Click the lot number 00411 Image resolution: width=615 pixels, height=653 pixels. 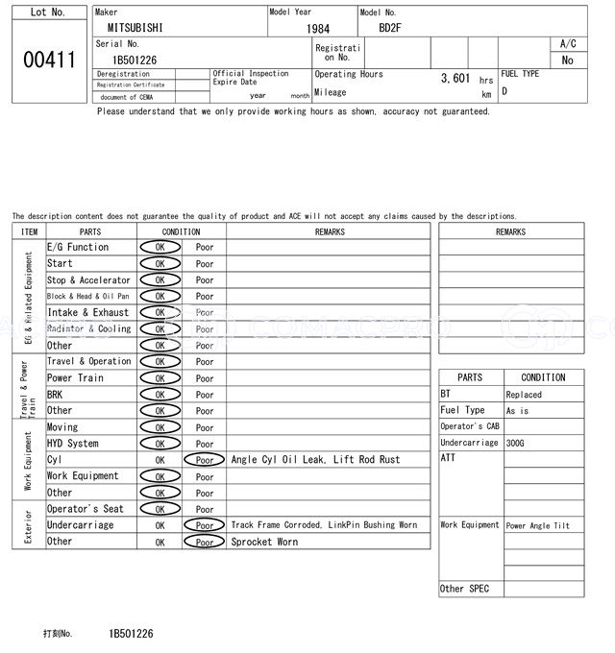[48, 60]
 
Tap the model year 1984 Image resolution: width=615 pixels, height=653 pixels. [317, 29]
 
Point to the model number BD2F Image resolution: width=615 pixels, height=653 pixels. [390, 28]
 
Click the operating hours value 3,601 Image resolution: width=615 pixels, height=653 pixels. [455, 79]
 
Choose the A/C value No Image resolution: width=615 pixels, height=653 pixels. [567, 60]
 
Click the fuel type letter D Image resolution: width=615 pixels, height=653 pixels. [504, 91]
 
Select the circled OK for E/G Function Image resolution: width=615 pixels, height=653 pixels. [160, 248]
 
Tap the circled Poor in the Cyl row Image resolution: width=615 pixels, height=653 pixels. [205, 460]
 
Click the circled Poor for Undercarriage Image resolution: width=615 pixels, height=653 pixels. [205, 525]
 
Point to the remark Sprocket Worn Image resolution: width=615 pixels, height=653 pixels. [264, 543]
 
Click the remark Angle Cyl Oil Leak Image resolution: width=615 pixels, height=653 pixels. [281, 460]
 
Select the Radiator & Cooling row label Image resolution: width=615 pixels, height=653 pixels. [89, 329]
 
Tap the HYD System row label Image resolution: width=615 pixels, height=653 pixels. [73, 444]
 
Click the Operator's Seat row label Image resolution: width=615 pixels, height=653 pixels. [86, 509]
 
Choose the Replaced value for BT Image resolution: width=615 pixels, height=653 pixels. [524, 395]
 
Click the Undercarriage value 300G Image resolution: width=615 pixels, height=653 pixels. [516, 444]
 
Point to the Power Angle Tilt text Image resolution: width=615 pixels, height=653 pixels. [538, 526]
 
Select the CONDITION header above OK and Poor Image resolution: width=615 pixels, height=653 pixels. [181, 231]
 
